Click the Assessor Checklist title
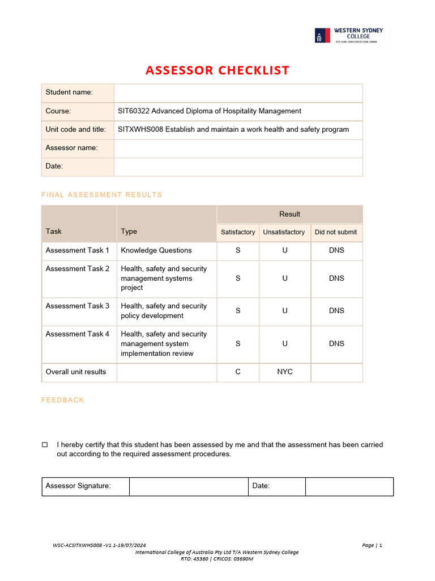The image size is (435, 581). pos(217,70)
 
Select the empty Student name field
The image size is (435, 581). pos(238,92)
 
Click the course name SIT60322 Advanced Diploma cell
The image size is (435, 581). pos(210,111)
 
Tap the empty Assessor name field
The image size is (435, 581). pos(238,148)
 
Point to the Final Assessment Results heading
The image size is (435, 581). pos(102,195)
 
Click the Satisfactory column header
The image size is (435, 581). pos(238,232)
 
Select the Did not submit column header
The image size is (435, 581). pos(336,232)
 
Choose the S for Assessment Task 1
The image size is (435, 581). pos(238,250)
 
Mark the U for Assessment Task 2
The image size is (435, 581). pos(285,279)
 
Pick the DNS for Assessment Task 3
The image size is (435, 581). pos(336,311)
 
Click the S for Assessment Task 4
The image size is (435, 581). pos(238,344)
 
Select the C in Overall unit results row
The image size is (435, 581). pos(238,372)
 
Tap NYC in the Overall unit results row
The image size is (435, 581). pos(285,372)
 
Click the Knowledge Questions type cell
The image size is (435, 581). pos(156,250)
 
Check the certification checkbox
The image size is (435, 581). pos(45,445)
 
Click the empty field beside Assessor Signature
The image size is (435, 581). pos(189,486)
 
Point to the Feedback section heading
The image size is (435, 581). pos(63,400)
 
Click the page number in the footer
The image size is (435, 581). pos(372,545)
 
